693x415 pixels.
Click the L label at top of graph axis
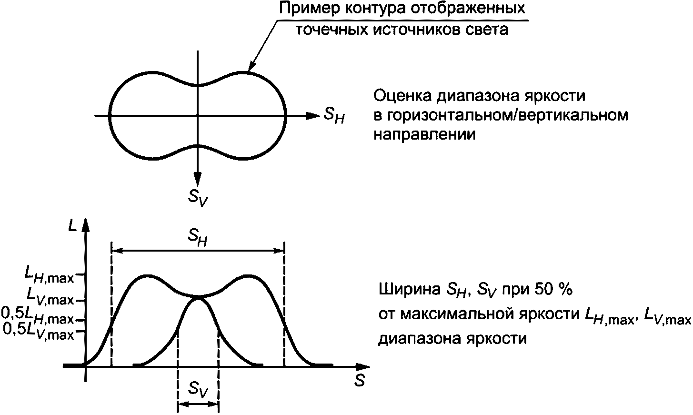pyautogui.click(x=72, y=226)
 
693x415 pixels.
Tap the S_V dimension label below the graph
pyautogui.click(x=198, y=390)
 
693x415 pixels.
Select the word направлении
pyautogui.click(x=424, y=134)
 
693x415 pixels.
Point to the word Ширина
pyautogui.click(x=408, y=290)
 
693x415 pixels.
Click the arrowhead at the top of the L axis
pyautogui.click(x=86, y=225)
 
